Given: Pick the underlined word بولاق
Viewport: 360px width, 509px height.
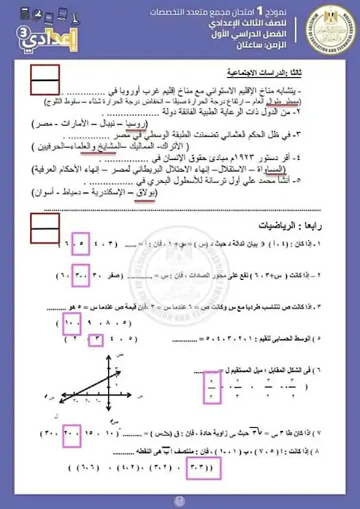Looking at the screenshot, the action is pos(155,196).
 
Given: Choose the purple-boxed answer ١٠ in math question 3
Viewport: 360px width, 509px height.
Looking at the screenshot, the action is pos(77,324).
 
